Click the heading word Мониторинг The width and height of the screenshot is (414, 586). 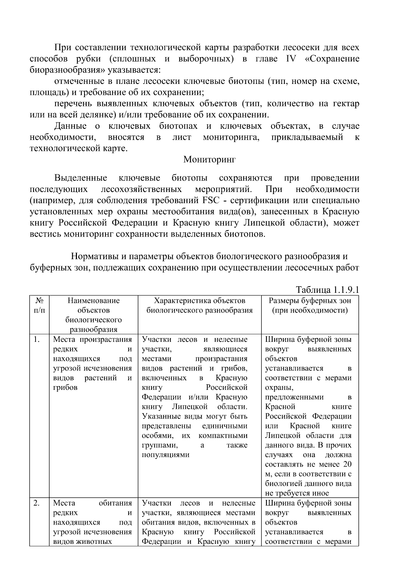pyautogui.click(x=209, y=159)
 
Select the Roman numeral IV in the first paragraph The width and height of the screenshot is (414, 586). pyautogui.click(x=291, y=59)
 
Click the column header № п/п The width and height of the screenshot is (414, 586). pyautogui.click(x=39, y=305)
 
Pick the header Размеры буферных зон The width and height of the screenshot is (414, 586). pyautogui.click(x=309, y=300)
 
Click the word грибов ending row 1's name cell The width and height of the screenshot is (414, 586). pyautogui.click(x=65, y=387)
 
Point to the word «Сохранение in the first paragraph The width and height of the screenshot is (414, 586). pyautogui.click(x=332, y=59)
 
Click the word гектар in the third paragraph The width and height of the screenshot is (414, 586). pyautogui.click(x=346, y=104)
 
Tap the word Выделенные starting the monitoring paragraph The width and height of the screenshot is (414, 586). pyautogui.click(x=81, y=178)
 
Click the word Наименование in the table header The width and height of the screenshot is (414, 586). pyautogui.click(x=93, y=300)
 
